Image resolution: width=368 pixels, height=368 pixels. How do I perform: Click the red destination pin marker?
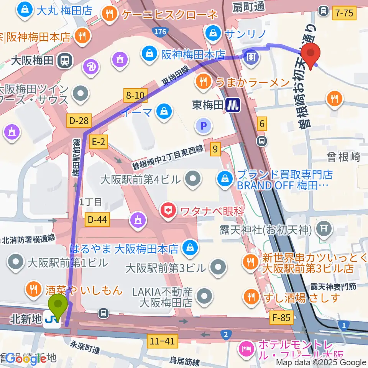click(x=310, y=53)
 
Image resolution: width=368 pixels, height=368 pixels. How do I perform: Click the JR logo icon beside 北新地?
click(x=52, y=319)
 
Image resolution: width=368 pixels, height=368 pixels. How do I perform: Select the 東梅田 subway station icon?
click(x=233, y=105)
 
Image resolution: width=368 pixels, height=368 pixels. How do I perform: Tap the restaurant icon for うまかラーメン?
click(x=201, y=81)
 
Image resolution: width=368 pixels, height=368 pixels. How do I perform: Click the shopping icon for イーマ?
click(x=164, y=112)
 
